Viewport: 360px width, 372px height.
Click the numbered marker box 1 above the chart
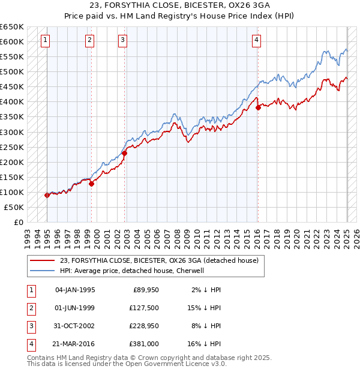pyautogui.click(x=46, y=40)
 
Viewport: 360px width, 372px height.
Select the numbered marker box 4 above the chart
pyautogui.click(x=256, y=40)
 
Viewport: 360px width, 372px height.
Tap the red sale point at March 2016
pyautogui.click(x=258, y=108)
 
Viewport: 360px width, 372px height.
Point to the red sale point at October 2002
pyautogui.click(x=125, y=154)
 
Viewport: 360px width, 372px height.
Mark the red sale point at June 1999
pyautogui.click(x=91, y=184)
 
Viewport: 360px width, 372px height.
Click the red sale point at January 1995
pyautogui.click(x=47, y=195)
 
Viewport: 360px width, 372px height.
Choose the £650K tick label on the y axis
pyautogui.click(x=12, y=27)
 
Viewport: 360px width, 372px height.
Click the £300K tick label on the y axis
pyautogui.click(x=12, y=132)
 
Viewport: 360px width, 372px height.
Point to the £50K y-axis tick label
pyautogui.click(x=14, y=207)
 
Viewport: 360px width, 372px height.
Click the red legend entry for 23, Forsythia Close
pyautogui.click(x=159, y=260)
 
